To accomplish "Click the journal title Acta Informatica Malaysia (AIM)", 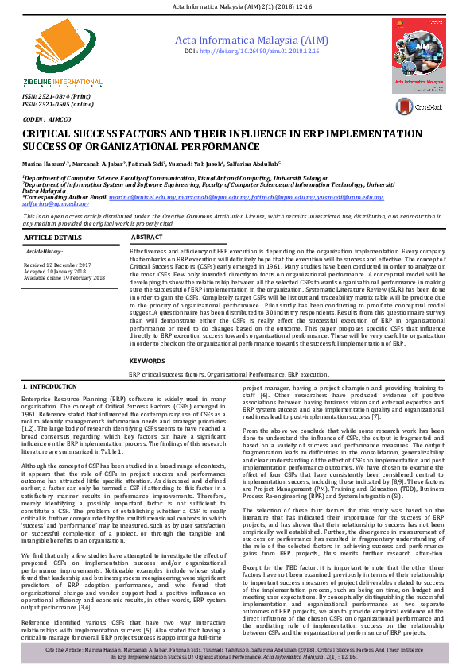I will [x=251, y=40].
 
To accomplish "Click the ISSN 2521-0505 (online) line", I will [x=58, y=103].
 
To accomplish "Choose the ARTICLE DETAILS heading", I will [x=52, y=238].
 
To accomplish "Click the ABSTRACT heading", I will [x=147, y=238].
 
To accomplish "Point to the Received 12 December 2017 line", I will [x=58, y=264].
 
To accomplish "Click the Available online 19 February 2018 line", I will [x=64, y=278].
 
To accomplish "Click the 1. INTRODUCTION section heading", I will [x=52, y=385].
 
